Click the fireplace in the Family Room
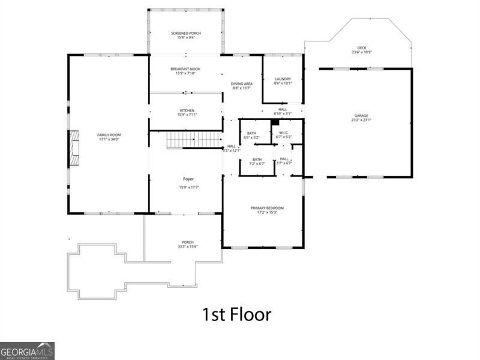pyautogui.click(x=73, y=149)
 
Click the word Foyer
pyautogui.click(x=188, y=179)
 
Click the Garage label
pyautogui.click(x=361, y=116)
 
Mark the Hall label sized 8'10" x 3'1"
pyautogui.click(x=282, y=111)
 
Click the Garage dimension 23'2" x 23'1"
pyautogui.click(x=361, y=119)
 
